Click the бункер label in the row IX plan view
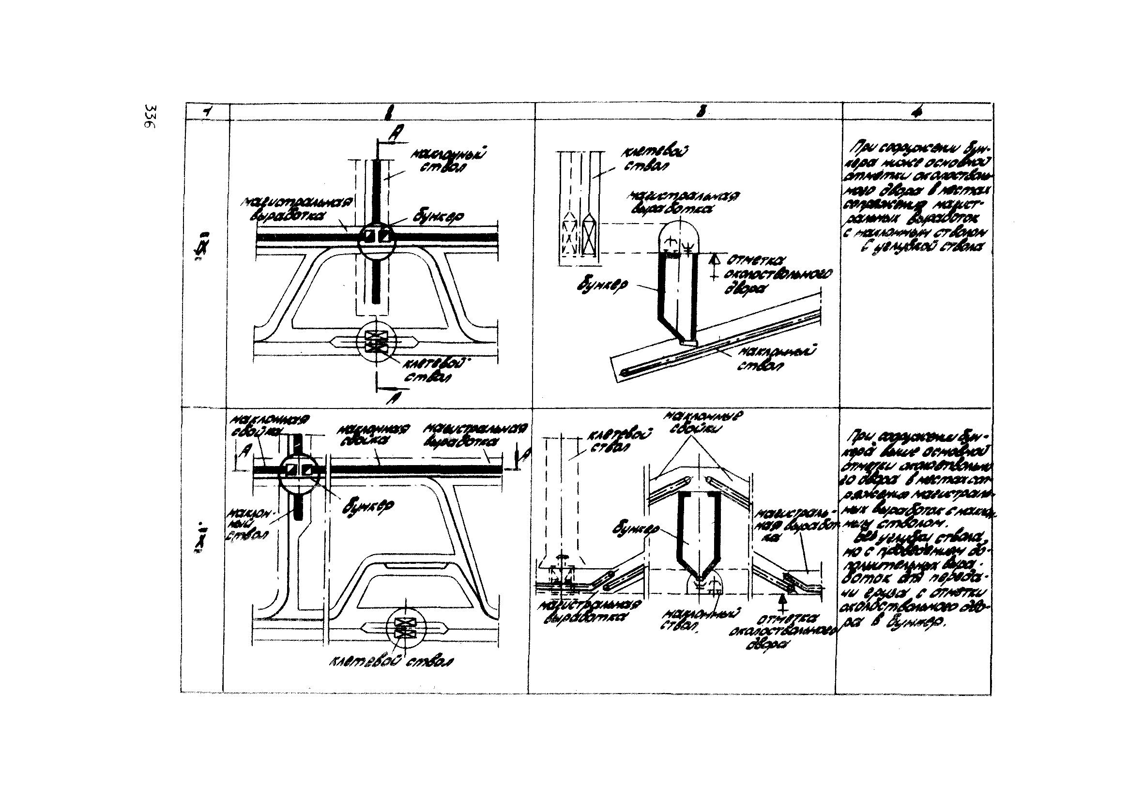pos(439,217)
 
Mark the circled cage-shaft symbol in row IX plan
pos(377,342)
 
